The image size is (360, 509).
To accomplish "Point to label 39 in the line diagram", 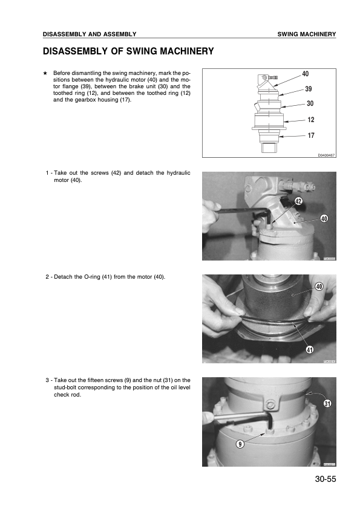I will [308, 89].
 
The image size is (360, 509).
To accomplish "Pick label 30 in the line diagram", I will [310, 104].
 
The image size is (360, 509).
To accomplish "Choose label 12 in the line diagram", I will [310, 120].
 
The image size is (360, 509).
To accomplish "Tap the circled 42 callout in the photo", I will [299, 201].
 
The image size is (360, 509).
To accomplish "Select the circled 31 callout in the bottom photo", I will [327, 403].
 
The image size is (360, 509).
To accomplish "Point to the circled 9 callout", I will [240, 444].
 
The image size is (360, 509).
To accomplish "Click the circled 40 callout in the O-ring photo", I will [319, 285].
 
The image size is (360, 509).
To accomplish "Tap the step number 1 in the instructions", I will [47, 173].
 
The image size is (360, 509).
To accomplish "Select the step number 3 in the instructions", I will [47, 380].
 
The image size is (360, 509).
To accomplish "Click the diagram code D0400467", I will [326, 155].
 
